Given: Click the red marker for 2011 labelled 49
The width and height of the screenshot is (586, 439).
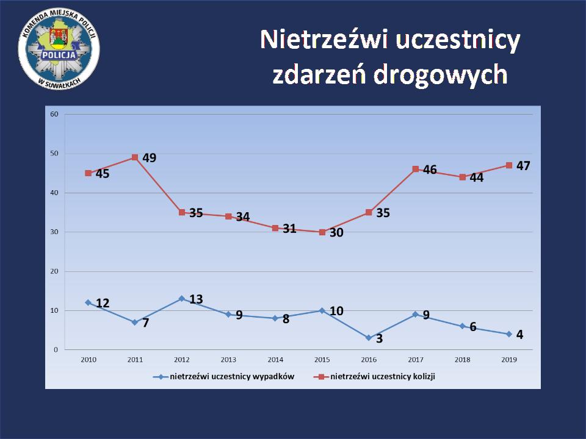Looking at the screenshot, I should point(135,157).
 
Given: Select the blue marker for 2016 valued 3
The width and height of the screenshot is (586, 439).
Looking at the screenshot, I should point(369,338).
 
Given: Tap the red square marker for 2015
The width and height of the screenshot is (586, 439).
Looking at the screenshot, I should point(322,232).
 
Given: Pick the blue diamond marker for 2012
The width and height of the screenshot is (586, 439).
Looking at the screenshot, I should point(181,299).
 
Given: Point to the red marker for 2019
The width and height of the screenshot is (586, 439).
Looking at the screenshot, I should point(508,165).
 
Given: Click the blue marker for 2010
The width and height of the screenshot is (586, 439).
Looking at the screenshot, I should point(88,302).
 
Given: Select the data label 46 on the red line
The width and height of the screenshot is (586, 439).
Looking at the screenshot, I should point(430,170).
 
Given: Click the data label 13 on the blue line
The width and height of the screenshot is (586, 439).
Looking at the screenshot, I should point(196,299).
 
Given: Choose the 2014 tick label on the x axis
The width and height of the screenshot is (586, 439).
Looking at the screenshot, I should point(275,360).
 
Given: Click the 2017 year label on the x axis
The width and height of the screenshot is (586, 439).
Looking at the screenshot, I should point(415,360).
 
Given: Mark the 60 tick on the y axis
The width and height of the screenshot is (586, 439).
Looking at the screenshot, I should point(54,114).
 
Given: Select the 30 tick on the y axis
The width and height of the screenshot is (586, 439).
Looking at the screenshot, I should point(54,232).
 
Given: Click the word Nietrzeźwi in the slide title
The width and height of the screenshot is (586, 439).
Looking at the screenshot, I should point(324,40).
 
